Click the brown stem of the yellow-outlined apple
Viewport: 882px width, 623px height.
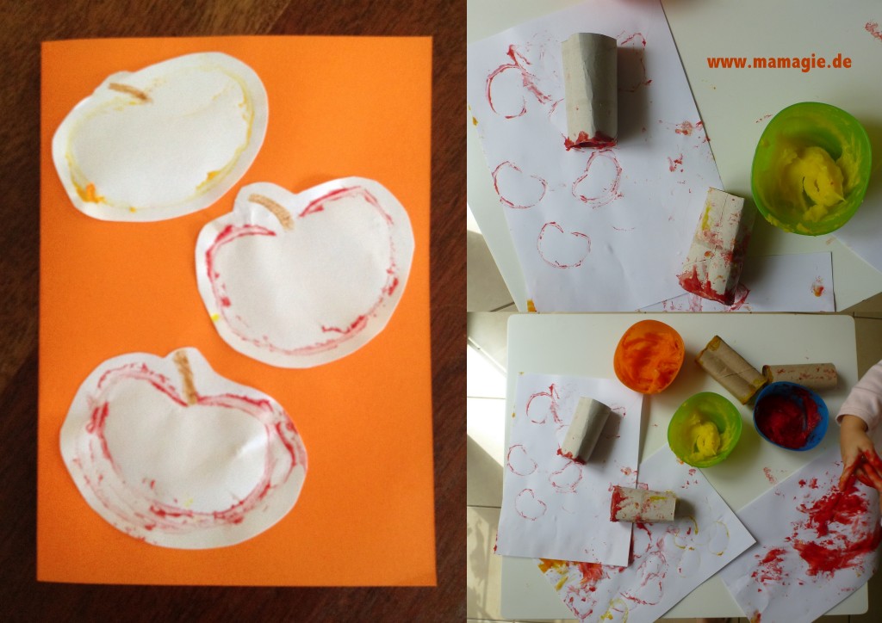129,92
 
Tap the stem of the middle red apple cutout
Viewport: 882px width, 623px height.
272,211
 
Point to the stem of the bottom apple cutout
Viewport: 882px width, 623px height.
186,376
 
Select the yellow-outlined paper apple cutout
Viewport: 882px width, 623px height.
159,137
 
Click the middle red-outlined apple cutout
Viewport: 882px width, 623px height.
305,272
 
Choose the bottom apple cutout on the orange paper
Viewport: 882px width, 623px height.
183,447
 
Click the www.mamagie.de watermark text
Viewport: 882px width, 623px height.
779,62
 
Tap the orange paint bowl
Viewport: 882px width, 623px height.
649,356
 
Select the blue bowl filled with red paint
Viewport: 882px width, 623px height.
791,415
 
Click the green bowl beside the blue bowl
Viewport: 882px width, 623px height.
705,429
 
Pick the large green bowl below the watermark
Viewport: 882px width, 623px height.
811,169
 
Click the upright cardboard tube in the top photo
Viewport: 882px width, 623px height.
589,90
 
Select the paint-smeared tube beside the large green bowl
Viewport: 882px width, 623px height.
716,246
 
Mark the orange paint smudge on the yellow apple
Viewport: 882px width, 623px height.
90,194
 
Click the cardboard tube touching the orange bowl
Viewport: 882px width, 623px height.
730,368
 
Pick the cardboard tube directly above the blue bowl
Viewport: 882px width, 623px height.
800,376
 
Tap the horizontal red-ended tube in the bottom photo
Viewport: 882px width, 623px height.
643,504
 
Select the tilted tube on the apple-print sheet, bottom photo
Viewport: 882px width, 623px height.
585,429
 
